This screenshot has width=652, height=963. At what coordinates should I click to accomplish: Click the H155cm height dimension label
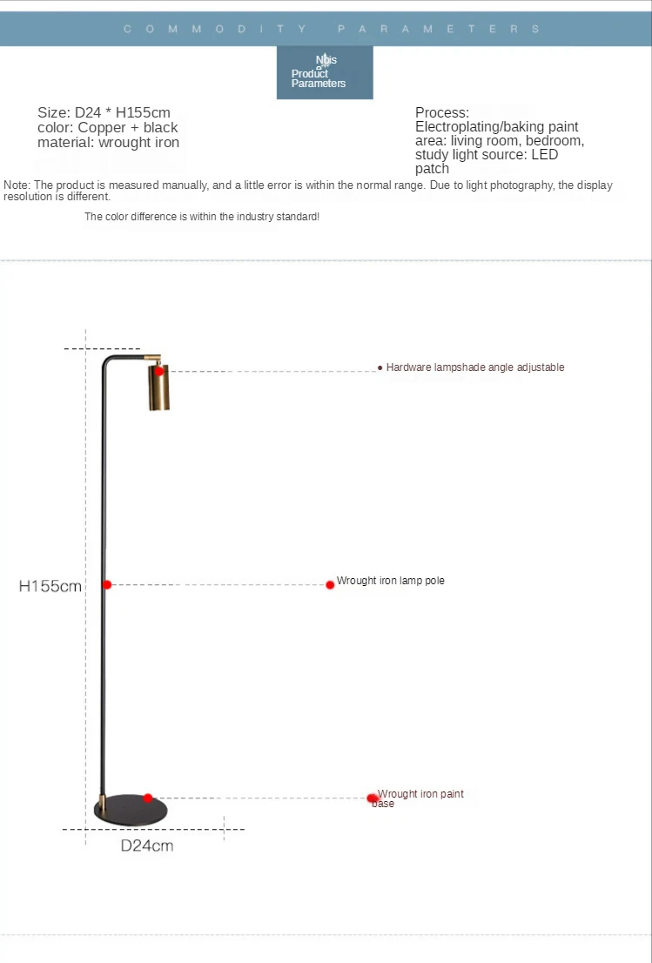[50, 586]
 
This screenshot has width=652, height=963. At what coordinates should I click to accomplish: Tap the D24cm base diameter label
[146, 845]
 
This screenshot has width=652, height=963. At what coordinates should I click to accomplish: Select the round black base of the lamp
[131, 809]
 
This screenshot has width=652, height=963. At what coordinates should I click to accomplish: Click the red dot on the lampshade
[159, 371]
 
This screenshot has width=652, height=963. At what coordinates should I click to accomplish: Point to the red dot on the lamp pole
[107, 584]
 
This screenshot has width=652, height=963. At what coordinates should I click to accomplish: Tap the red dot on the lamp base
[148, 798]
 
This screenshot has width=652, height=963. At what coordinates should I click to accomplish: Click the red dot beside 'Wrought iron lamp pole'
[330, 584]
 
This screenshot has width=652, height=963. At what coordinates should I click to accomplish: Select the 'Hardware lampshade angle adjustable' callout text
[475, 367]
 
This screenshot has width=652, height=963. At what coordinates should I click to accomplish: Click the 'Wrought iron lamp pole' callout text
[391, 581]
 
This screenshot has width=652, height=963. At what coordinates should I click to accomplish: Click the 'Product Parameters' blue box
[325, 72]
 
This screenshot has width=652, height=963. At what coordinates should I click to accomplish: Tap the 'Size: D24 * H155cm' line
[104, 112]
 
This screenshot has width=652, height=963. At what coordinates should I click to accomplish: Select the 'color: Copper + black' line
[107, 127]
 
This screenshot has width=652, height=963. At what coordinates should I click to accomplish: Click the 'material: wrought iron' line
[108, 142]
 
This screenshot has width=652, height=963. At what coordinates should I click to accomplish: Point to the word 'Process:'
[442, 112]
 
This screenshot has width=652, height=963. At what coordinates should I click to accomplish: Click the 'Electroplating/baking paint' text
[496, 127]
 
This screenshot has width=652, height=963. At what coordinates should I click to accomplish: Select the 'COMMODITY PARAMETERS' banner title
[332, 29]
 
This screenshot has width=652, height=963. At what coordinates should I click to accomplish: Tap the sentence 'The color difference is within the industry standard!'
[202, 216]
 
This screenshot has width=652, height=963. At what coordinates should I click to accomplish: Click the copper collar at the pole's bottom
[102, 799]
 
